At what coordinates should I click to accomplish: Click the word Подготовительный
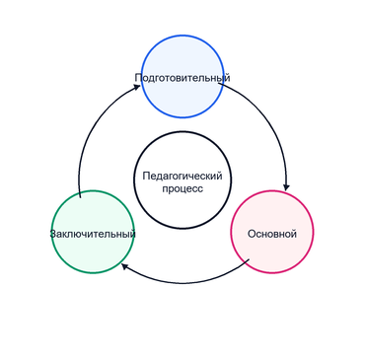click(x=182, y=78)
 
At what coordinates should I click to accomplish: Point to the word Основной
click(x=272, y=234)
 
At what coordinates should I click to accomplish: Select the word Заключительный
click(x=93, y=234)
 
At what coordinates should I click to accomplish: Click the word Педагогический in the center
click(x=182, y=176)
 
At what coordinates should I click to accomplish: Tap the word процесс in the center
click(x=182, y=189)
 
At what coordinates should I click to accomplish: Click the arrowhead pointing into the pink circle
click(x=287, y=187)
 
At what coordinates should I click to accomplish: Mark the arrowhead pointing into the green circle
click(x=125, y=266)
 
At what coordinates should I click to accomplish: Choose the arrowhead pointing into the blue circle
click(x=136, y=87)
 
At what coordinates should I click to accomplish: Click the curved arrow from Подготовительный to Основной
click(x=270, y=120)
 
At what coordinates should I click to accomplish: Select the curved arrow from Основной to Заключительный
click(x=184, y=283)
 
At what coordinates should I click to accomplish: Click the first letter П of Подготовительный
click(x=138, y=78)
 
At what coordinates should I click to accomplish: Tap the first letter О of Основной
click(x=252, y=234)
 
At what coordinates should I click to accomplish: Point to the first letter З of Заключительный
click(x=52, y=234)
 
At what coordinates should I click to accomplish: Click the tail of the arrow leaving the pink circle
click(x=249, y=259)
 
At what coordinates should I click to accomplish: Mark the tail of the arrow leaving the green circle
click(x=80, y=197)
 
